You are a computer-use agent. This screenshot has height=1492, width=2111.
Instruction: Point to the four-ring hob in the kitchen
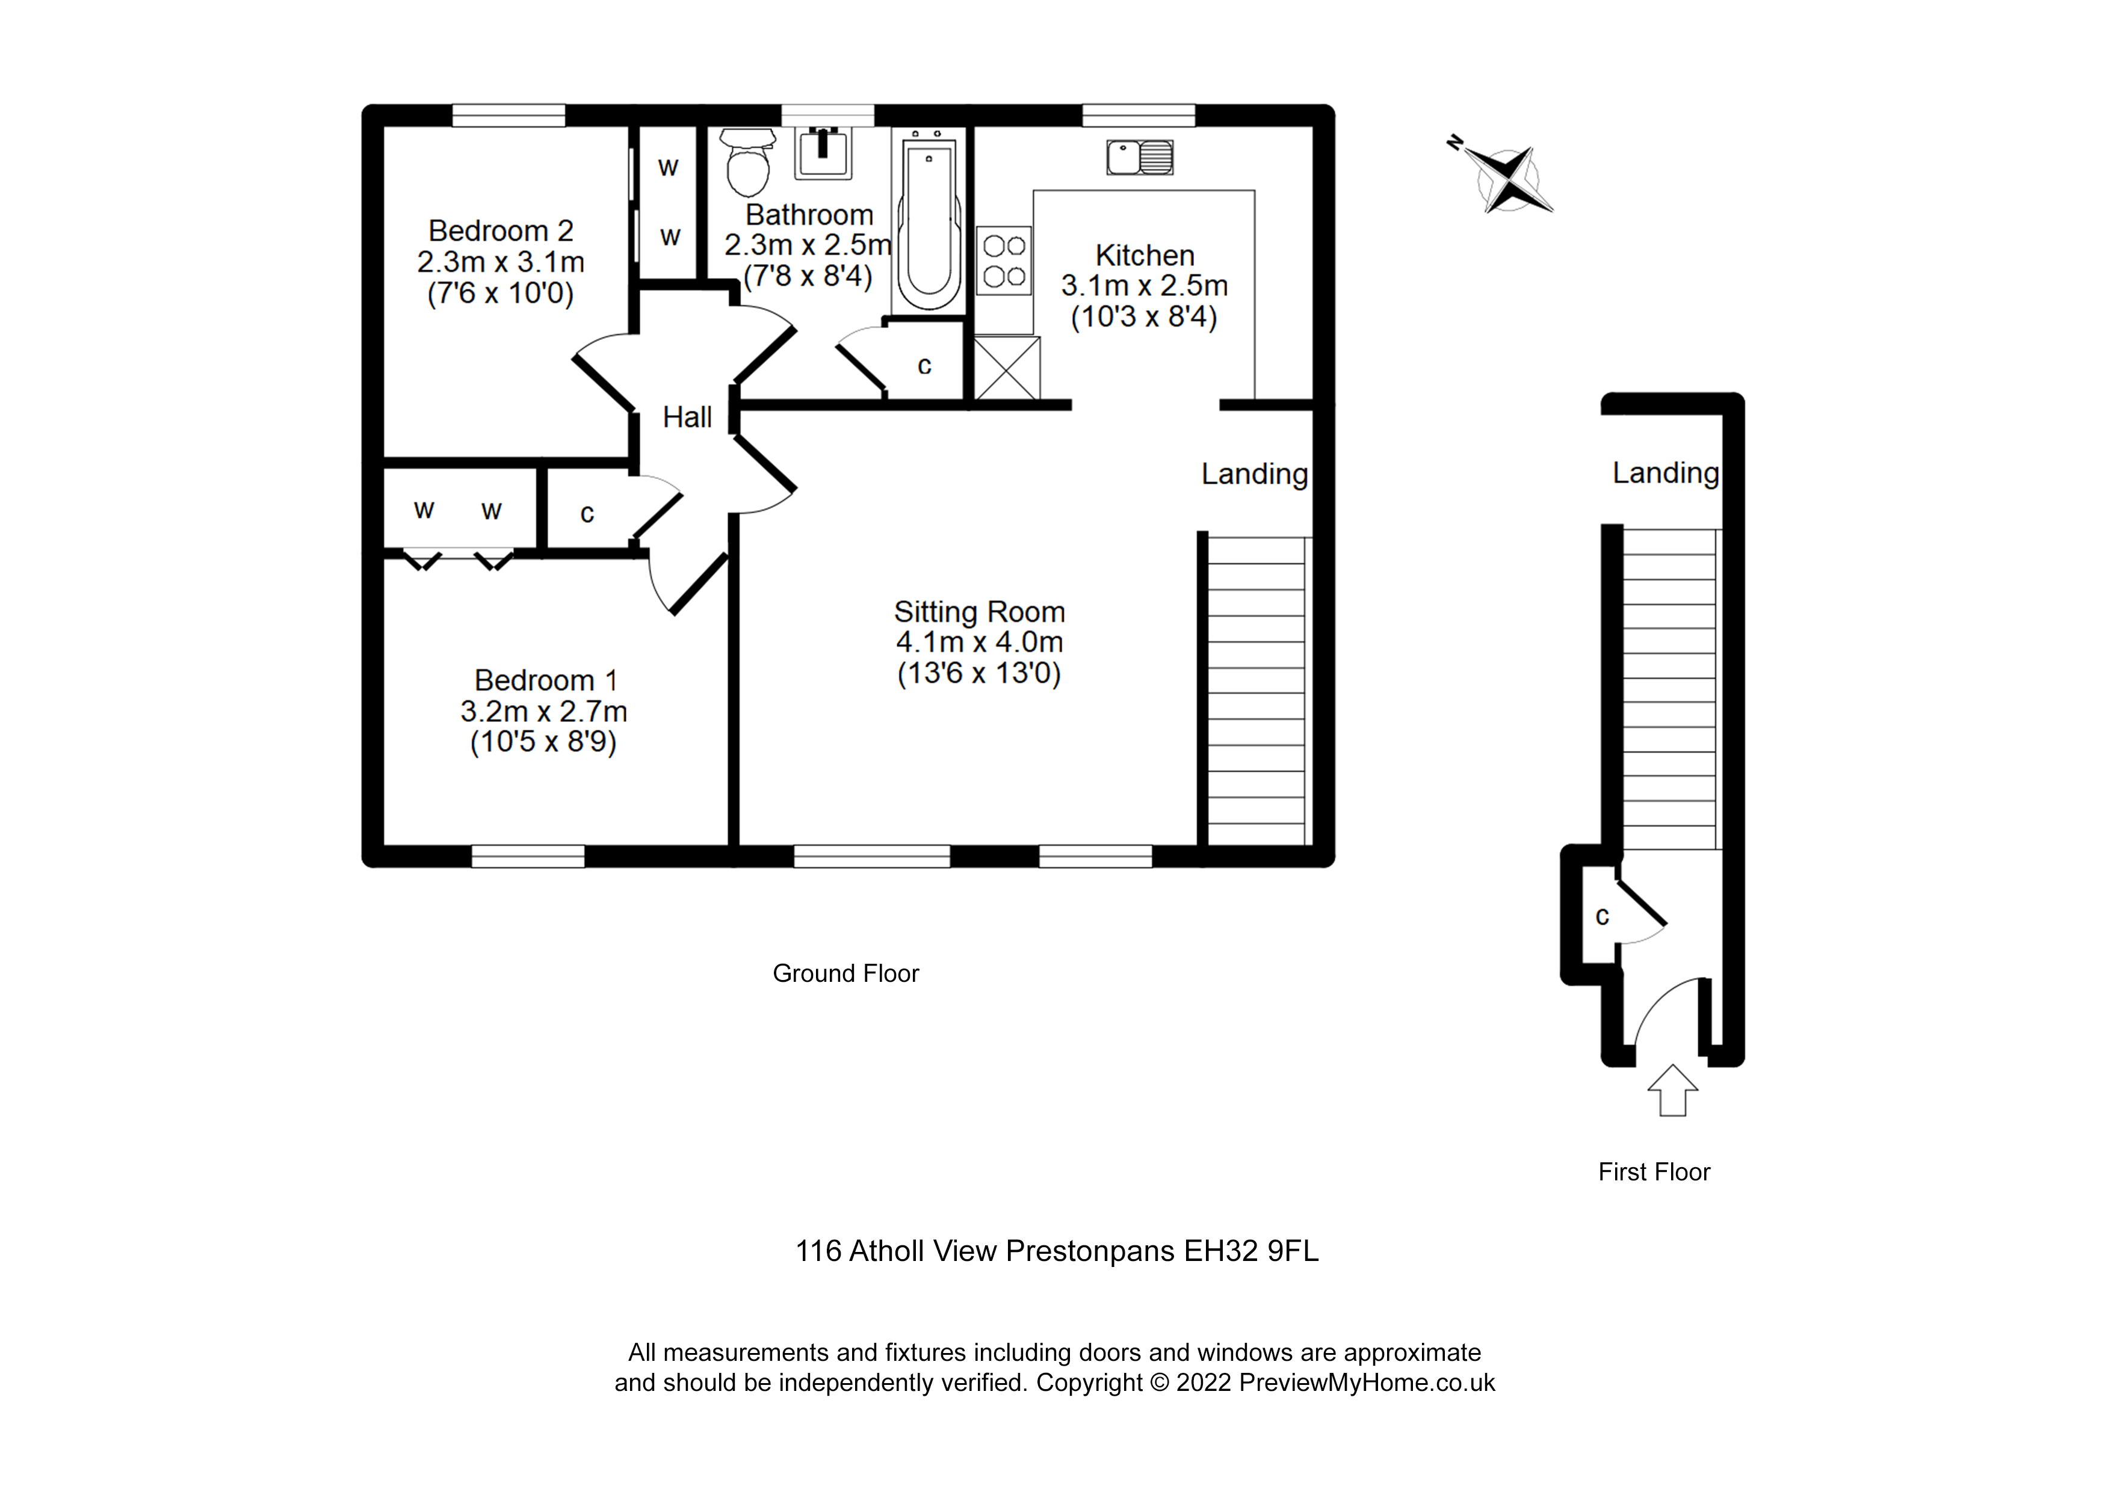(1004, 261)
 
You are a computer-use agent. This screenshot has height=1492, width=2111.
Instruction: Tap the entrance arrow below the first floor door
(1672, 1091)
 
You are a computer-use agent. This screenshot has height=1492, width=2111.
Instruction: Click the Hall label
(687, 418)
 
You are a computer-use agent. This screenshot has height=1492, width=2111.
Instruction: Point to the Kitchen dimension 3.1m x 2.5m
(1144, 286)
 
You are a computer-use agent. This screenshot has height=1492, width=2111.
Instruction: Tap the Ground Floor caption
(845, 973)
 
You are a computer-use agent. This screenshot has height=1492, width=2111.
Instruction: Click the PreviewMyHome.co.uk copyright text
(1366, 1383)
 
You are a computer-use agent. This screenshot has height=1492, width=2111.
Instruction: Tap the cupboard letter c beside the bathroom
(925, 366)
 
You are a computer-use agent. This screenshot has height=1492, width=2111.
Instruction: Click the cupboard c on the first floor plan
(1603, 916)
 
